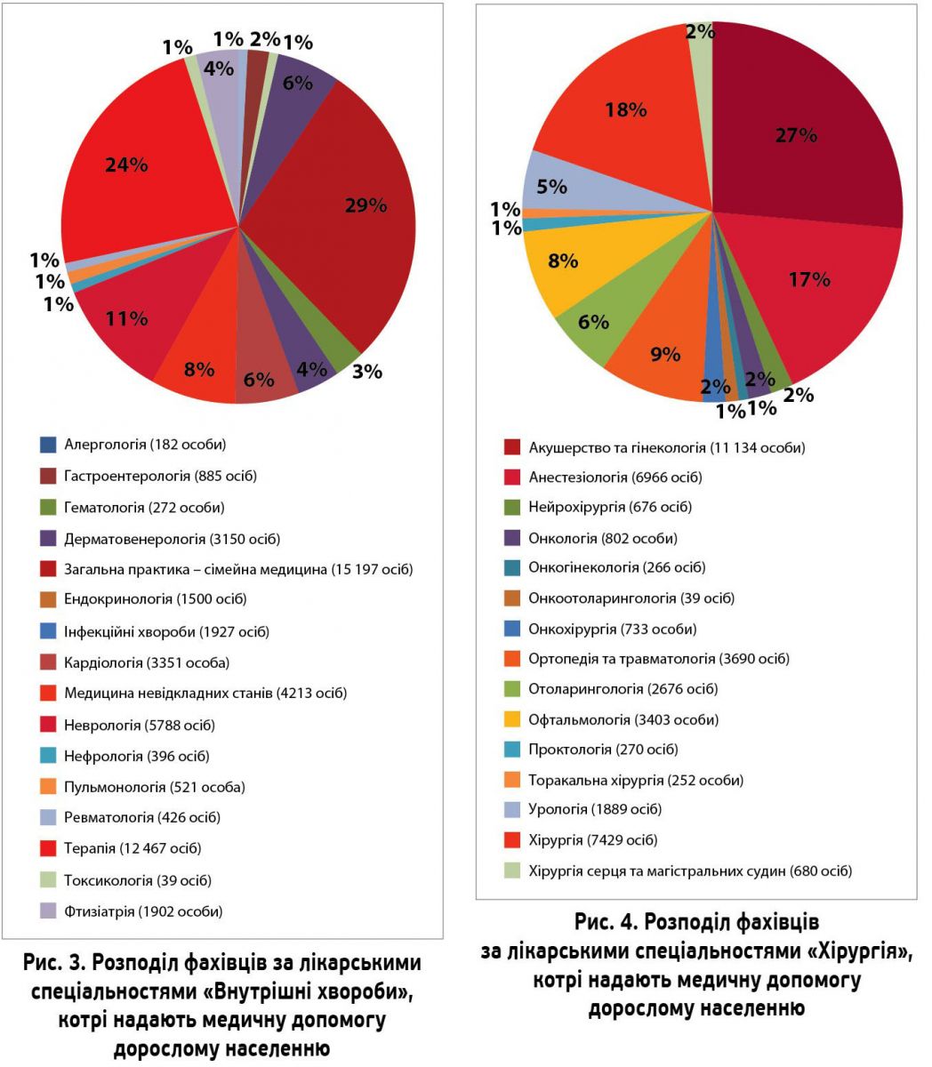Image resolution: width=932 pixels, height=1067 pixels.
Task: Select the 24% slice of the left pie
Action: coord(133,178)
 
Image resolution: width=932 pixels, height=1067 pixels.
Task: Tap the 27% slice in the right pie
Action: coord(800,142)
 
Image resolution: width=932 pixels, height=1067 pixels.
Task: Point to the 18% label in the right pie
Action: coord(625,111)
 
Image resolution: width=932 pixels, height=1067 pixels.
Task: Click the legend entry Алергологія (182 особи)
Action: coord(145,444)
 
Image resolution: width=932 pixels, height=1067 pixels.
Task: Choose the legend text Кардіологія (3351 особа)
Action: coord(147,662)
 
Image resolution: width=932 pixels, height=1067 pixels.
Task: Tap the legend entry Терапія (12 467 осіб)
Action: coord(133,848)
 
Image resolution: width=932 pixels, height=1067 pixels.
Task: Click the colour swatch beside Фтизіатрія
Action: coord(48,911)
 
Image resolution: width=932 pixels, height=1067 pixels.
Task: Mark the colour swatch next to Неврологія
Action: coord(48,725)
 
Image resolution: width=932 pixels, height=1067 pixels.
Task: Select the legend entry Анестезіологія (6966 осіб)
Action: coord(615,477)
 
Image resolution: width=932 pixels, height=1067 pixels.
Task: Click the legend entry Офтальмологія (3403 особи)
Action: coord(623,719)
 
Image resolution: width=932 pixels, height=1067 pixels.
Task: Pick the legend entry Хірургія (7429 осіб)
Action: coord(592,839)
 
